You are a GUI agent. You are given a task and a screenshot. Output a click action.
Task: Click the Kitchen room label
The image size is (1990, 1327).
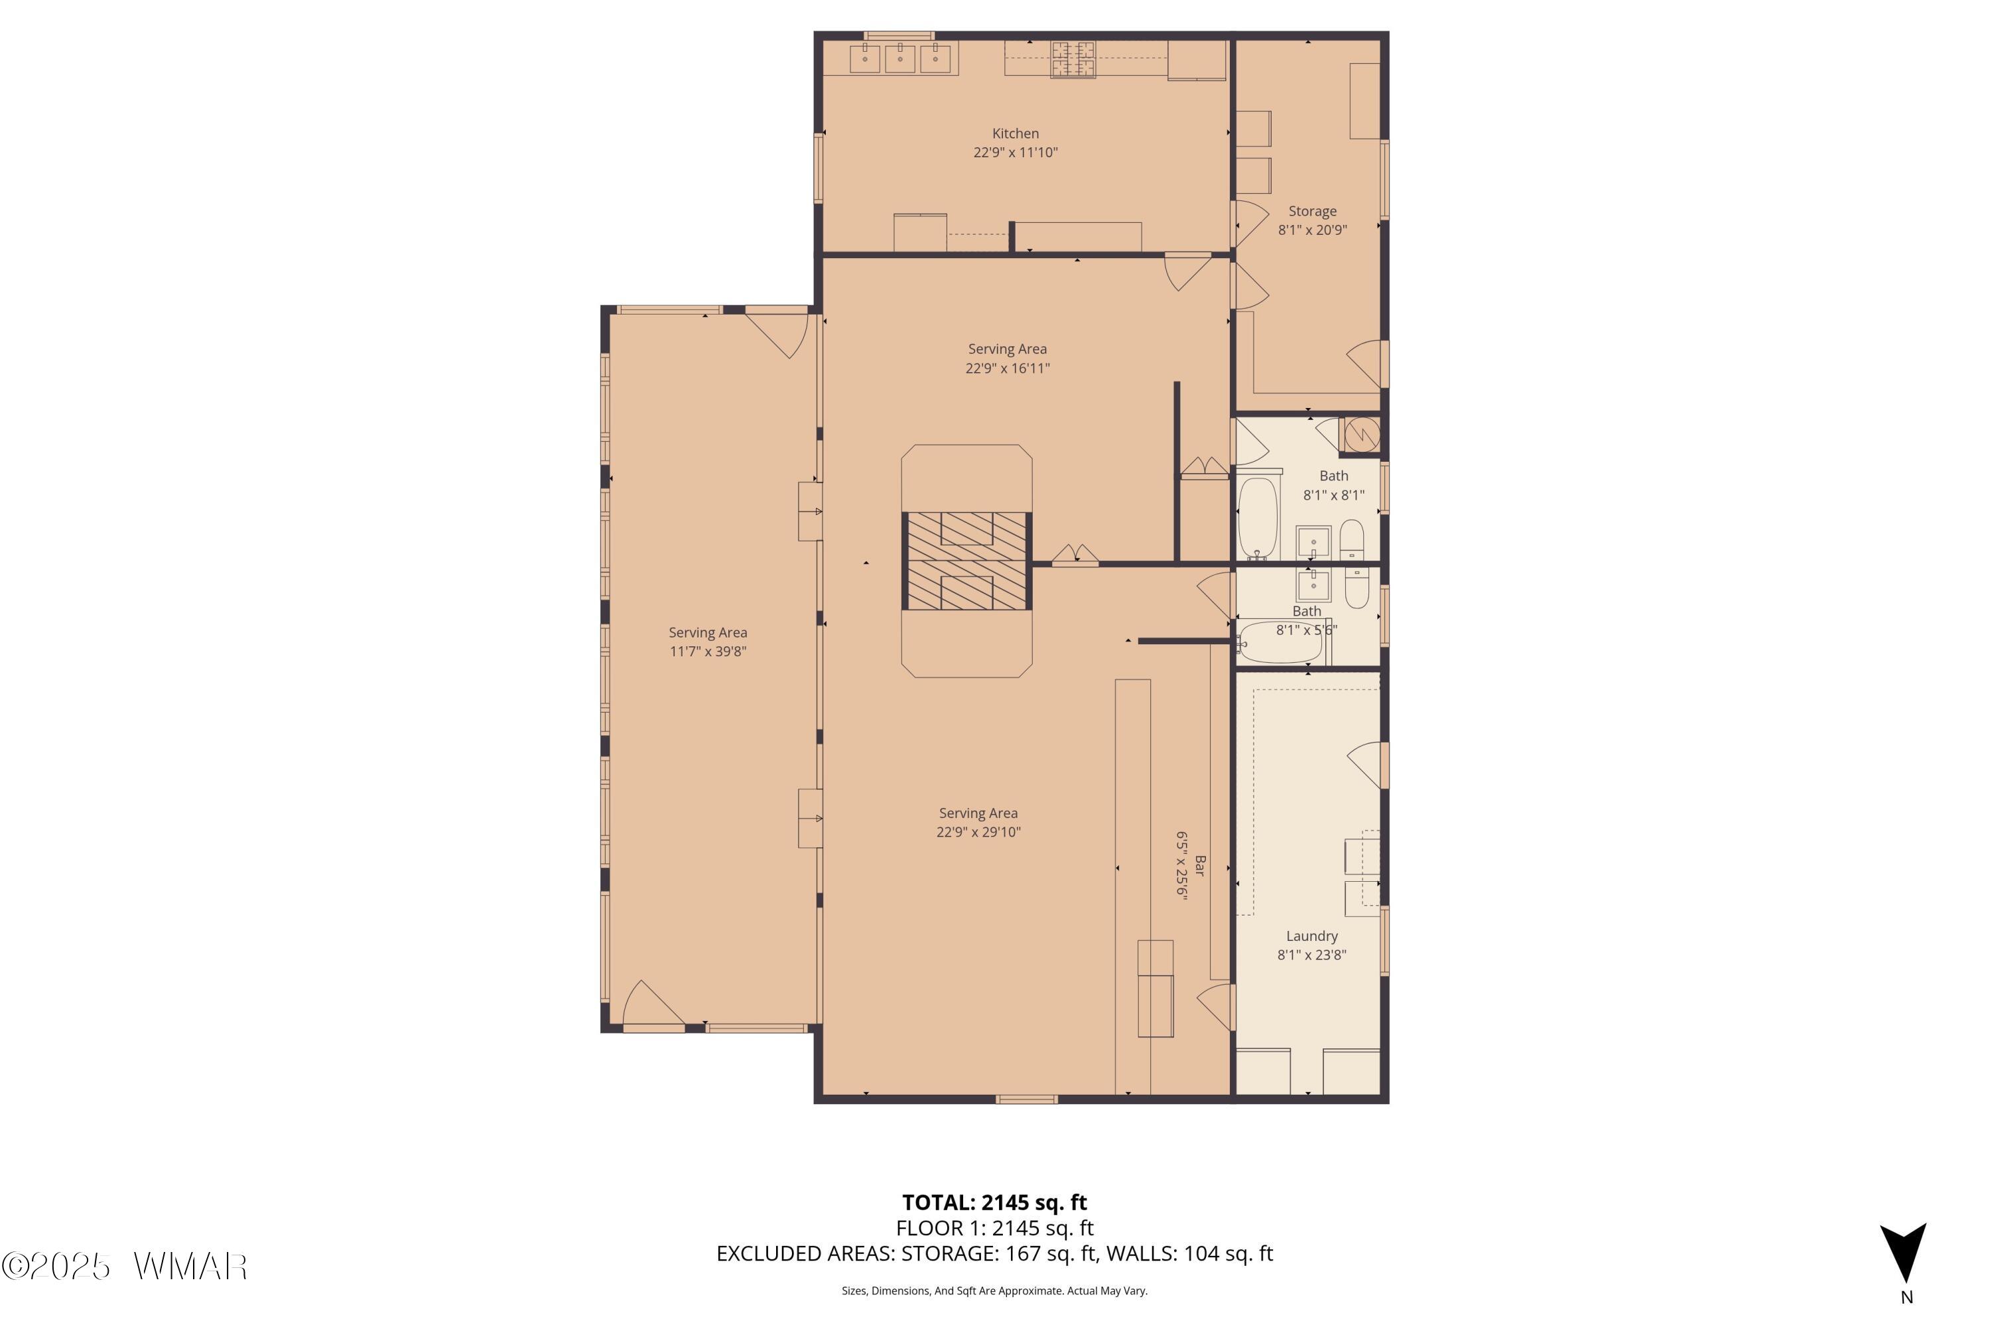1016,134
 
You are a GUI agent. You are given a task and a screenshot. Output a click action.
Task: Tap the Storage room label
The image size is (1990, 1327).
1312,212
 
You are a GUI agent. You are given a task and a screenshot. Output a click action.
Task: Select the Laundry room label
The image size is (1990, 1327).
1311,936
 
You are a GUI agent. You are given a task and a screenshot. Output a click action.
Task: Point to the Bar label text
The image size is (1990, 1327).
1201,866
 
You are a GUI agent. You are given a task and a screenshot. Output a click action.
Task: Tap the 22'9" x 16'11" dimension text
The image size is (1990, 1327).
1008,368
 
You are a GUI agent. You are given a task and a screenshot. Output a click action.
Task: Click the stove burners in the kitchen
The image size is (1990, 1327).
1073,59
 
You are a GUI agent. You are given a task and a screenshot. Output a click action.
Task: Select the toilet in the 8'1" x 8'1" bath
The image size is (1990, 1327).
1352,540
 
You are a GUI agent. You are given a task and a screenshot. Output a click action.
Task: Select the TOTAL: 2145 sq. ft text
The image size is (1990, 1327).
994,1202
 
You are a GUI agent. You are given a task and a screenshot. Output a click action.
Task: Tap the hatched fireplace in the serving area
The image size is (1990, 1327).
966,561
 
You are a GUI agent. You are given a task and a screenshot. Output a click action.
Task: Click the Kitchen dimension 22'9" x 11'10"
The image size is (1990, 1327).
1016,153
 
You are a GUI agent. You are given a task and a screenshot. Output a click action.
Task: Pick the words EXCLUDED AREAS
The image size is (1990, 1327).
805,1253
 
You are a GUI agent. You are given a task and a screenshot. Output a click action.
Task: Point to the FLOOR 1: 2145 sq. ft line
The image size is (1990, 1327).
994,1228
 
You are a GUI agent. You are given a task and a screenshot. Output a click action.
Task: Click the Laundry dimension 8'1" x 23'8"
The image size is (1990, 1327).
1311,955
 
